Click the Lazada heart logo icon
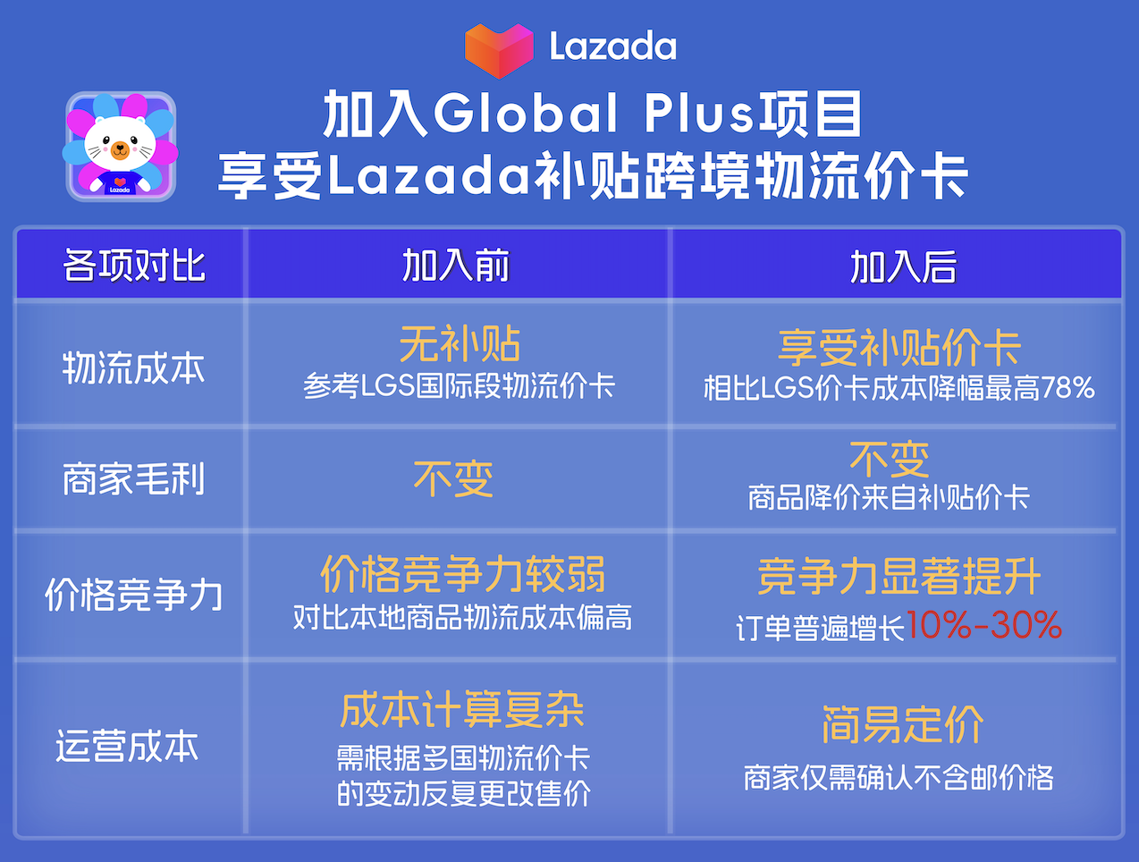tap(499, 50)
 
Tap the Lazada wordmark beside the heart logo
tap(612, 46)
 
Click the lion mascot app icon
tap(121, 147)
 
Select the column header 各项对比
tap(134, 266)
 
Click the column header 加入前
tap(456, 266)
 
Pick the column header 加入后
tap(903, 266)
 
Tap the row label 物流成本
tap(133, 368)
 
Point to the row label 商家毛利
tap(133, 478)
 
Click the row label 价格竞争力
tap(133, 595)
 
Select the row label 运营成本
tap(127, 746)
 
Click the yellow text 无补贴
tap(460, 343)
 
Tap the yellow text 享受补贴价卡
tap(899, 348)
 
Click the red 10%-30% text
tap(983, 625)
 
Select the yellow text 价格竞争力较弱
tap(463, 574)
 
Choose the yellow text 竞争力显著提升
tap(899, 577)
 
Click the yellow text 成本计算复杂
tap(462, 710)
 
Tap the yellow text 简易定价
tap(903, 724)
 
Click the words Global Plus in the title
tap(593, 114)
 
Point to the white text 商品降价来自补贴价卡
tap(889, 497)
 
